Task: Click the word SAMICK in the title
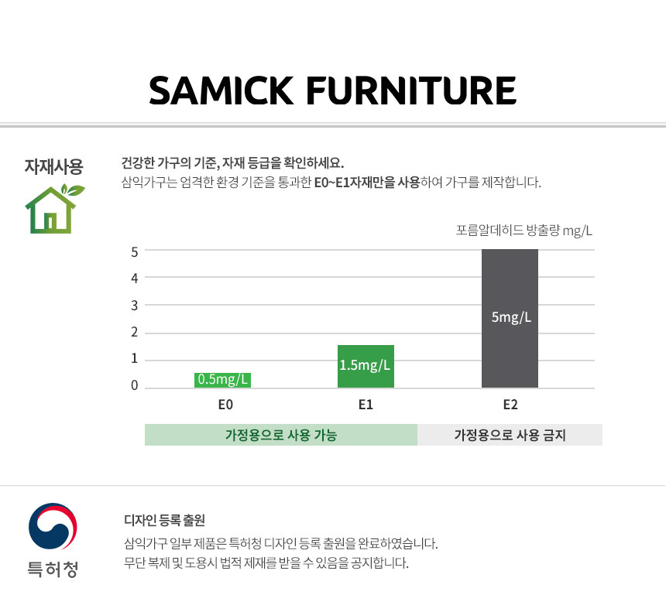(x=221, y=91)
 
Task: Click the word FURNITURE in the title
(x=411, y=91)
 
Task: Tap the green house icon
(x=54, y=208)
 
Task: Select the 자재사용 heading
(x=53, y=166)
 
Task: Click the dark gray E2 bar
(x=510, y=318)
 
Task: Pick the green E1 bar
(x=366, y=366)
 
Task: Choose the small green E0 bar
(x=222, y=380)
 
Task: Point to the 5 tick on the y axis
(x=135, y=252)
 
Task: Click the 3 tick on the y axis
(x=135, y=306)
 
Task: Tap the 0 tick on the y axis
(x=135, y=385)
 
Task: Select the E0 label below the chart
(x=225, y=405)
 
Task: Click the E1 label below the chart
(x=366, y=405)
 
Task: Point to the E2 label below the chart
(x=510, y=405)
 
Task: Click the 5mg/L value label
(x=511, y=317)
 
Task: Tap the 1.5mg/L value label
(x=365, y=365)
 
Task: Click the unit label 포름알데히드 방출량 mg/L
(x=524, y=231)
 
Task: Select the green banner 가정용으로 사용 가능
(x=281, y=435)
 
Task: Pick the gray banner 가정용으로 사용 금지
(x=510, y=435)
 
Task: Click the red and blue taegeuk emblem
(x=53, y=526)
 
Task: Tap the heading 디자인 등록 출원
(x=165, y=520)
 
